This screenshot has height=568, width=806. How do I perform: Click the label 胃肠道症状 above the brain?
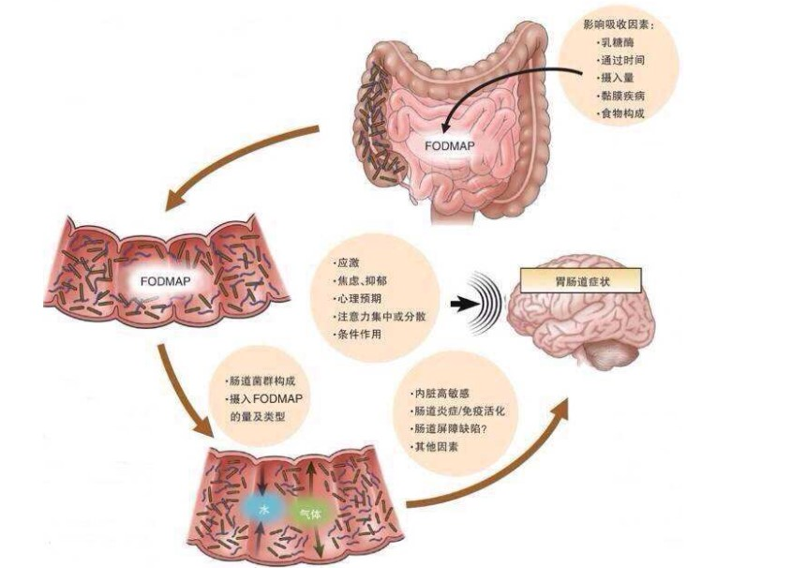coord(580,277)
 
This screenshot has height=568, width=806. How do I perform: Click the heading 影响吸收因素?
coord(622,23)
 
